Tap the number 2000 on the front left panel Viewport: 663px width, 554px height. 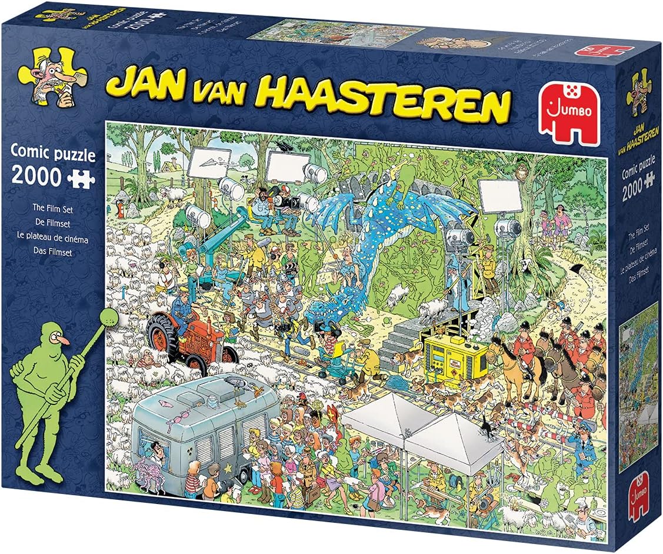(35, 177)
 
